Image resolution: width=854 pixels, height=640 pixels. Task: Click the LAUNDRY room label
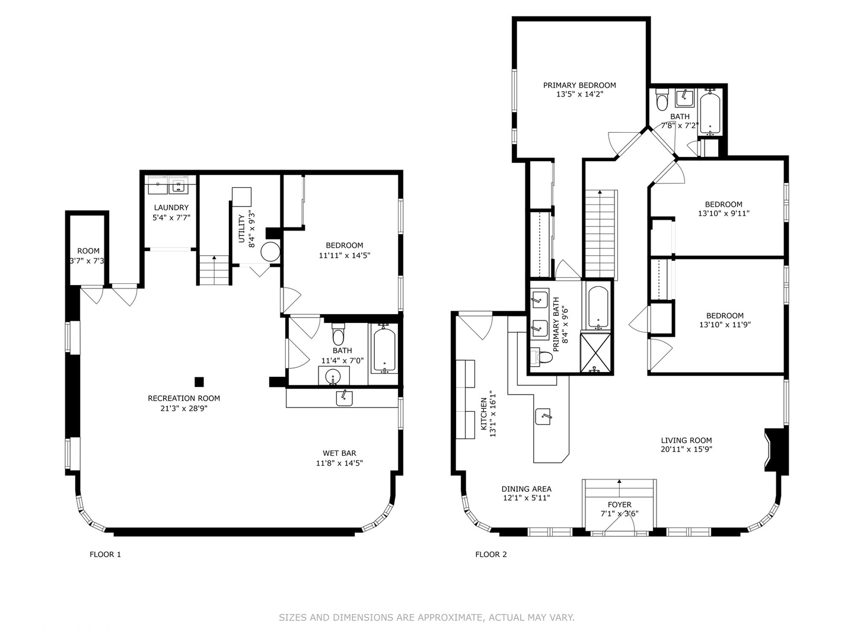click(x=171, y=207)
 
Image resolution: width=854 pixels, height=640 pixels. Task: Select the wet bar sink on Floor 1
click(x=345, y=398)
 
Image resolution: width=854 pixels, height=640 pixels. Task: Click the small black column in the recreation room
click(x=199, y=382)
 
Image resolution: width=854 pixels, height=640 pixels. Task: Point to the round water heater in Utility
click(x=270, y=252)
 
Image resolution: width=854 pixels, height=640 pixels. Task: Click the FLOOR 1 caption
click(x=105, y=555)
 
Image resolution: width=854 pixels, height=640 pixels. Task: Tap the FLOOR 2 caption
click(x=491, y=555)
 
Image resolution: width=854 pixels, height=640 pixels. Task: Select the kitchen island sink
click(x=543, y=417)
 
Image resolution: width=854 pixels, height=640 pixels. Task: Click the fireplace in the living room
click(x=776, y=450)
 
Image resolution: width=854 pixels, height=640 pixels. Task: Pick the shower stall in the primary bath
click(x=595, y=352)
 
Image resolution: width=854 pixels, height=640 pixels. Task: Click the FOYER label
click(x=619, y=505)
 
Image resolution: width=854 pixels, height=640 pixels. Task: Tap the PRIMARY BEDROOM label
click(x=579, y=85)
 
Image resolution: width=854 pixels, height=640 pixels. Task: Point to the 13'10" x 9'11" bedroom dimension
click(x=724, y=213)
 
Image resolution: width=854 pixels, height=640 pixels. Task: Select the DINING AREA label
click(x=527, y=489)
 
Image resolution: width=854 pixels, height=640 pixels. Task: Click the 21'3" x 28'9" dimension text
click(x=184, y=408)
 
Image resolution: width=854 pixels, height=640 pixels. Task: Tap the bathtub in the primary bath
click(x=598, y=308)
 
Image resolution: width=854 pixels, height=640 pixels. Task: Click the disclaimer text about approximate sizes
click(x=427, y=617)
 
